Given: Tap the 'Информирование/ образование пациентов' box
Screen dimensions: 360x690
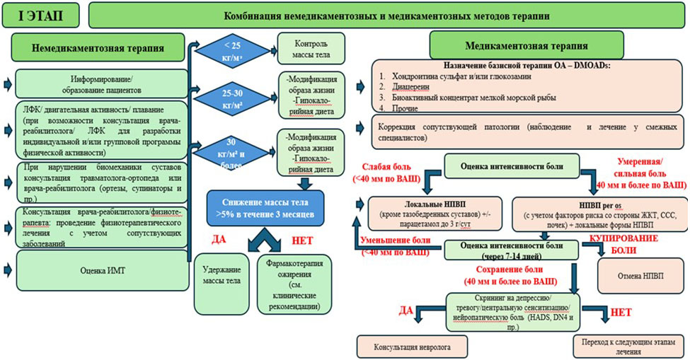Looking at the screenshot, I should click(99, 83).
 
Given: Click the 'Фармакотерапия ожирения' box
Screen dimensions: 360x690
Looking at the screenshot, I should click(291, 283).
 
